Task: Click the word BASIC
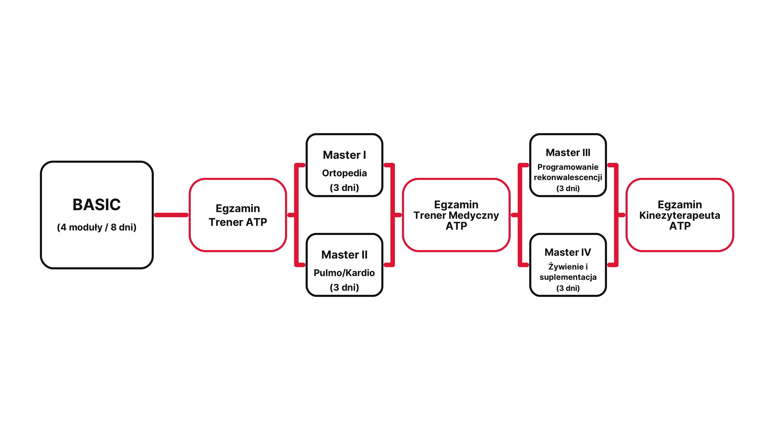point(96,205)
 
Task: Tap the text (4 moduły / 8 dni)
point(96,227)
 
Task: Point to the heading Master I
point(344,155)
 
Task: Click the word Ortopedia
point(344,173)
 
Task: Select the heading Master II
point(344,255)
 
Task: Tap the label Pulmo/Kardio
point(344,273)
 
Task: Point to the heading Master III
point(568,153)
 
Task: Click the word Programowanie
point(568,167)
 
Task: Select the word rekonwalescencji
point(568,178)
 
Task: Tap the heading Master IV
point(568,252)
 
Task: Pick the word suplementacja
point(568,277)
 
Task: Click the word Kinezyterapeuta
point(680,216)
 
